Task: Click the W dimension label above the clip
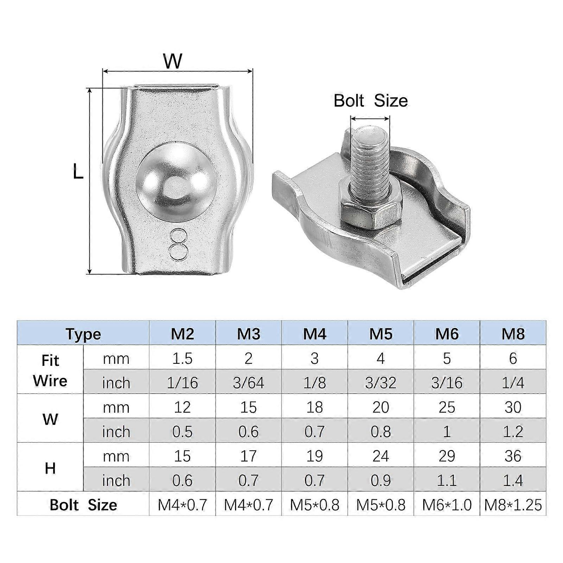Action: coord(173,61)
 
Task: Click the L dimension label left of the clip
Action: coord(78,172)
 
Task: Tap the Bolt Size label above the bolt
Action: coord(371,101)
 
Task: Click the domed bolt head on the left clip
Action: coord(175,179)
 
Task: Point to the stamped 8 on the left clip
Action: coord(177,244)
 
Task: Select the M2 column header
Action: coord(182,333)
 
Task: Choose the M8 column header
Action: coord(513,333)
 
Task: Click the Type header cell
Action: coord(83,334)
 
